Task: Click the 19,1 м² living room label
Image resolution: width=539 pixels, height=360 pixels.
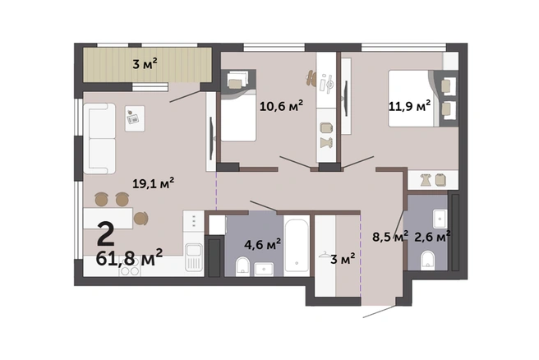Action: coord(154,183)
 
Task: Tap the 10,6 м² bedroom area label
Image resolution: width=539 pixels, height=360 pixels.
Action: coord(281,105)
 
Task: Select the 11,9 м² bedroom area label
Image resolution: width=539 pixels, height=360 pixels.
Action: coord(409,105)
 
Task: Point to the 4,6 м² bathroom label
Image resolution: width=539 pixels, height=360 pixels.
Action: coord(262,244)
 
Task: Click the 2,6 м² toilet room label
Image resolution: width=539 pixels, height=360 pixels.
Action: coord(432,236)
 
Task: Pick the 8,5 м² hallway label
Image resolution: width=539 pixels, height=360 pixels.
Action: coord(390,236)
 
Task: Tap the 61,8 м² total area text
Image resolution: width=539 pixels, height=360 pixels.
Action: coord(129,258)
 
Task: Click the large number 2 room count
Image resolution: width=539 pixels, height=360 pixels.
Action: coord(105,233)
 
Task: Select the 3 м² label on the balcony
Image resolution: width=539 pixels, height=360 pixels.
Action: coord(145,63)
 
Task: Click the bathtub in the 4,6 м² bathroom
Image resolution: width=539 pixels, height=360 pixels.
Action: coord(297,246)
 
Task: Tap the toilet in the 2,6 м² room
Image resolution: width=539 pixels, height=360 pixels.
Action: coord(427,260)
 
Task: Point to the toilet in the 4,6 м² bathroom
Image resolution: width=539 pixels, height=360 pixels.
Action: coord(242,266)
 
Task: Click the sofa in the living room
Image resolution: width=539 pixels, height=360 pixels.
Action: coord(99,139)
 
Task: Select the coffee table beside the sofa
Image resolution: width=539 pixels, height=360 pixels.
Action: coord(135,118)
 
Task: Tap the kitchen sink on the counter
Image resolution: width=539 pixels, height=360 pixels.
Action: coord(194,257)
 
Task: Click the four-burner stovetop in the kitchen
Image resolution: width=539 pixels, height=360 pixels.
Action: coord(130,268)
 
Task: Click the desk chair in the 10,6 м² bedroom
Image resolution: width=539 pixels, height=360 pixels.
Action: coord(311,78)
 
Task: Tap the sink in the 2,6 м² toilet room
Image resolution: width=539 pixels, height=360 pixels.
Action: coord(440,219)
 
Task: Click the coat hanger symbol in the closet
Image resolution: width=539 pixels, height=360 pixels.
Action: coord(325,255)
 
